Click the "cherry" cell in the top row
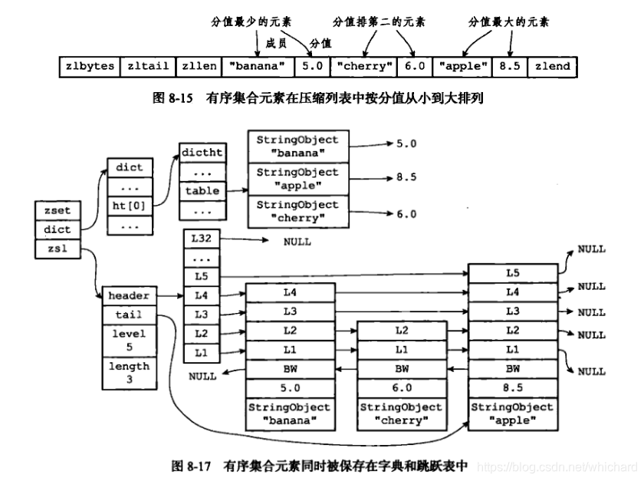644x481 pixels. (x=364, y=66)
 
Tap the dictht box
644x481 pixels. (x=202, y=152)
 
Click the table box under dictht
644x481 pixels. (x=202, y=191)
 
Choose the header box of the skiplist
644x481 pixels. (x=128, y=295)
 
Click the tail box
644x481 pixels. (x=128, y=314)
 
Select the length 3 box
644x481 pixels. (x=128, y=373)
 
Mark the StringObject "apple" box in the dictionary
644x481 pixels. (x=297, y=180)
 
